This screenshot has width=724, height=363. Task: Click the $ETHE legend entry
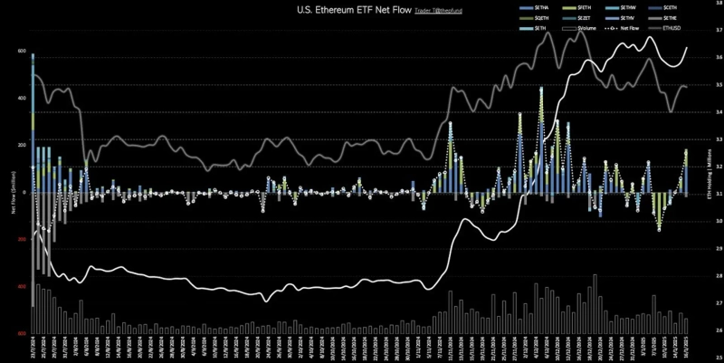point(681,18)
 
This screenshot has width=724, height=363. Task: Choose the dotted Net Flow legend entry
point(631,28)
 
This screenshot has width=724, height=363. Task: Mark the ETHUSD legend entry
point(673,28)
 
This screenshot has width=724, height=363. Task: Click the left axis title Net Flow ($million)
point(8,192)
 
